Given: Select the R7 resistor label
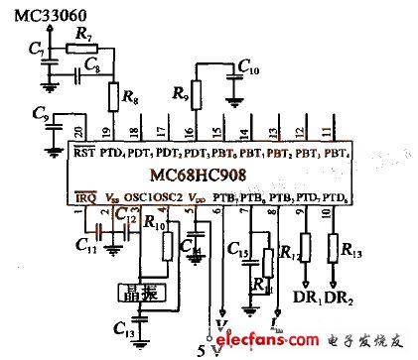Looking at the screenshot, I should click(82, 35).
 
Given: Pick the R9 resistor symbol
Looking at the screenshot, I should click(196, 95).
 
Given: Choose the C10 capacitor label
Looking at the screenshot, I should click(248, 68).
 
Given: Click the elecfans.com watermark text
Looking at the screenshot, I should click(282, 342).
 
